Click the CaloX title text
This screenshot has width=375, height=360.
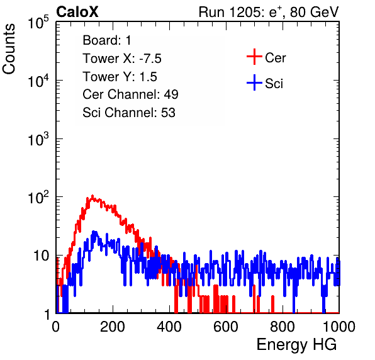pyautogui.click(x=77, y=12)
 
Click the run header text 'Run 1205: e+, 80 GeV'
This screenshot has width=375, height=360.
pyautogui.click(x=269, y=12)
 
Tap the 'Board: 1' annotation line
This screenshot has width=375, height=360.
pyautogui.click(x=107, y=40)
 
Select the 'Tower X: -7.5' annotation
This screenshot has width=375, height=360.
pyautogui.click(x=122, y=59)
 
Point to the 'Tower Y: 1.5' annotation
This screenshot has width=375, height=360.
pyautogui.click(x=120, y=77)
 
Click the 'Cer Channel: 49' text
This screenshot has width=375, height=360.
pyautogui.click(x=130, y=94)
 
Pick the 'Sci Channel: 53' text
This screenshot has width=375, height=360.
pyautogui.click(x=129, y=113)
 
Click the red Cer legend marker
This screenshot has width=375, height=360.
pyautogui.click(x=254, y=57)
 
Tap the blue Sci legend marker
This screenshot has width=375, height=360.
pyautogui.click(x=254, y=83)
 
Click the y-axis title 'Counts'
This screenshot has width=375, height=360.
pyautogui.click(x=9, y=49)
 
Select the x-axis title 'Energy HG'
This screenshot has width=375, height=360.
pyautogui.click(x=296, y=345)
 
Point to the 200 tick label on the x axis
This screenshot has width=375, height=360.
pyautogui.click(x=113, y=327)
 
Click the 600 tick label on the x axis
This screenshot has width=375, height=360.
pyautogui.click(x=226, y=327)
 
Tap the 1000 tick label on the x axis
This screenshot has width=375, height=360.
pyautogui.click(x=339, y=327)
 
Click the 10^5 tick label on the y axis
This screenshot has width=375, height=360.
pyautogui.click(x=39, y=22)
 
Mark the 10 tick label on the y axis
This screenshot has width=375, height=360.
pyautogui.click(x=41, y=256)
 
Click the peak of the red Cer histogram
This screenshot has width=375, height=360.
pyautogui.click(x=92, y=196)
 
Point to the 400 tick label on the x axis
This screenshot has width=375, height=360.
pyautogui.click(x=169, y=327)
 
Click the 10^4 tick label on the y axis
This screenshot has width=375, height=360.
pyautogui.click(x=39, y=81)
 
